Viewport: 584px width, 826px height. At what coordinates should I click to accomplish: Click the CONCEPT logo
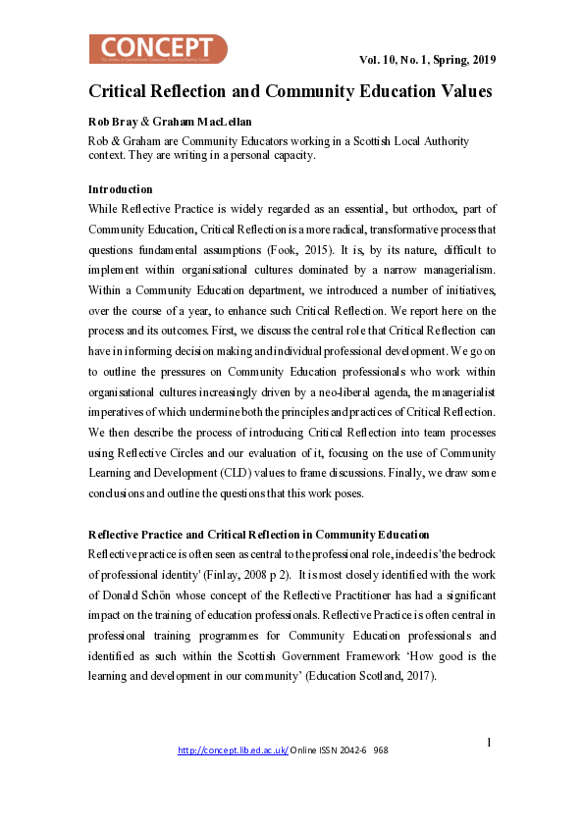coord(158,49)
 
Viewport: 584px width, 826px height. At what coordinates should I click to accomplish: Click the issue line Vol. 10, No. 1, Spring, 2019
coord(428,60)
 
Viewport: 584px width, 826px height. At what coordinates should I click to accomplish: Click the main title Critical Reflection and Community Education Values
coord(291,91)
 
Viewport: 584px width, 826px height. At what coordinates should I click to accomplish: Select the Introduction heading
coord(120,188)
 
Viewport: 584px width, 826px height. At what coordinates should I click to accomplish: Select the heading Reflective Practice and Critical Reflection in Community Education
coord(258,535)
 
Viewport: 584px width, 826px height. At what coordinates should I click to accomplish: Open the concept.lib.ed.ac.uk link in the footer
coord(233,750)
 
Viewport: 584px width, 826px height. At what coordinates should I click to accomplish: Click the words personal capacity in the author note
coord(305,154)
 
